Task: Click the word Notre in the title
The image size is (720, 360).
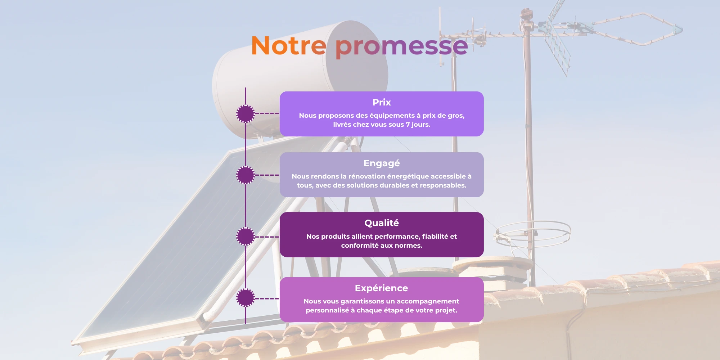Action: (x=289, y=46)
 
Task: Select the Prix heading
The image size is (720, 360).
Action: (x=382, y=102)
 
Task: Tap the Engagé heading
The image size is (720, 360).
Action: (x=382, y=163)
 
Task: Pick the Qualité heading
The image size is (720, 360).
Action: (x=382, y=223)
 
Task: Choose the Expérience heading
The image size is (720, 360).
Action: (x=382, y=288)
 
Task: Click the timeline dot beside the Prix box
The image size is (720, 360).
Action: (x=246, y=114)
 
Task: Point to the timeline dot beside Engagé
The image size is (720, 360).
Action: (x=246, y=175)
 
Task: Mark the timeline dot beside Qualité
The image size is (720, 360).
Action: (x=246, y=237)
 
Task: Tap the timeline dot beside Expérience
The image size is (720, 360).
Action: (x=246, y=298)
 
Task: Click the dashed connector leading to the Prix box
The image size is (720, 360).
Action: (x=267, y=113)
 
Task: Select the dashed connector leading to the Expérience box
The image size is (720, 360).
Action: (x=267, y=298)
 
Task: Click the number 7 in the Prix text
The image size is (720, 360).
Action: (x=408, y=125)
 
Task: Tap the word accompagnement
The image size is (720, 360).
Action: (x=428, y=301)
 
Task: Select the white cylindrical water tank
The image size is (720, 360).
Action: (x=300, y=79)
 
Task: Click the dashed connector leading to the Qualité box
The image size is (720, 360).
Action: (x=267, y=237)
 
